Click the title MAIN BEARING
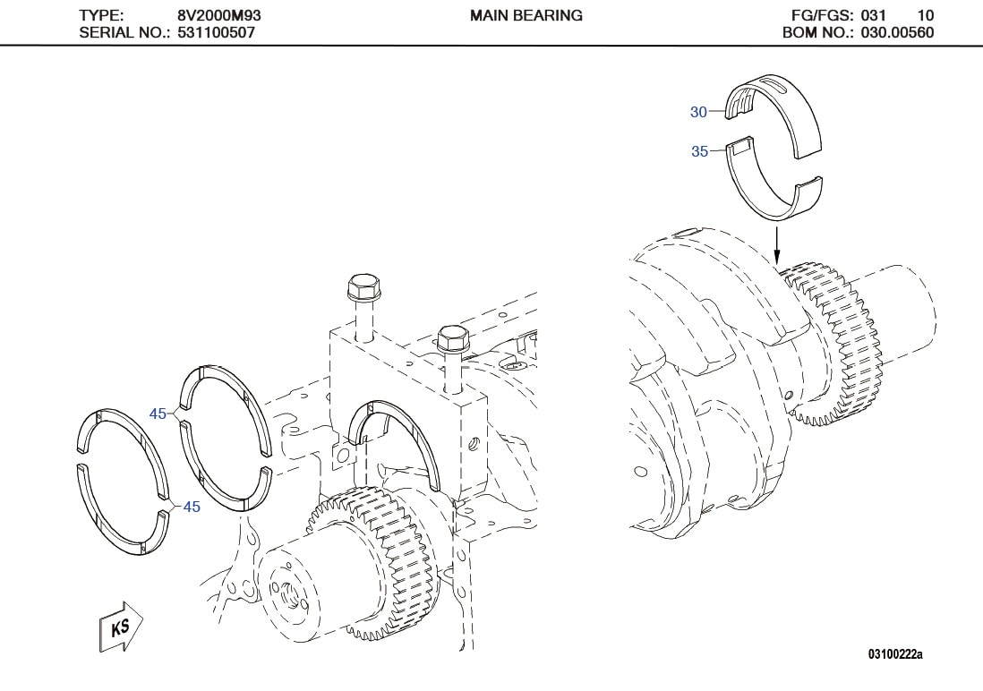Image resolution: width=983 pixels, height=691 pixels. [526, 15]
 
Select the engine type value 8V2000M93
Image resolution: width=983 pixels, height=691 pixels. [219, 15]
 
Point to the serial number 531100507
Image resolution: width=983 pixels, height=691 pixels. [216, 33]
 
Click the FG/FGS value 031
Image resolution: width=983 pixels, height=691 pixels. [874, 15]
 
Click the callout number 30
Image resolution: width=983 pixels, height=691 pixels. [698, 112]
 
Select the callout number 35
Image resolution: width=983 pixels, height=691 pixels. [699, 152]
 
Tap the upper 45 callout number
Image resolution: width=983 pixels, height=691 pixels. [158, 414]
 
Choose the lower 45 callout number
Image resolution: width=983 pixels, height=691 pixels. [191, 507]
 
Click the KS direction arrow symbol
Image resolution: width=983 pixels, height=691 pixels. [119, 625]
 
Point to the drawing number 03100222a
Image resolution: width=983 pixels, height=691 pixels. [894, 655]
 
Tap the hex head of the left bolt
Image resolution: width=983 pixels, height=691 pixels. [363, 288]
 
